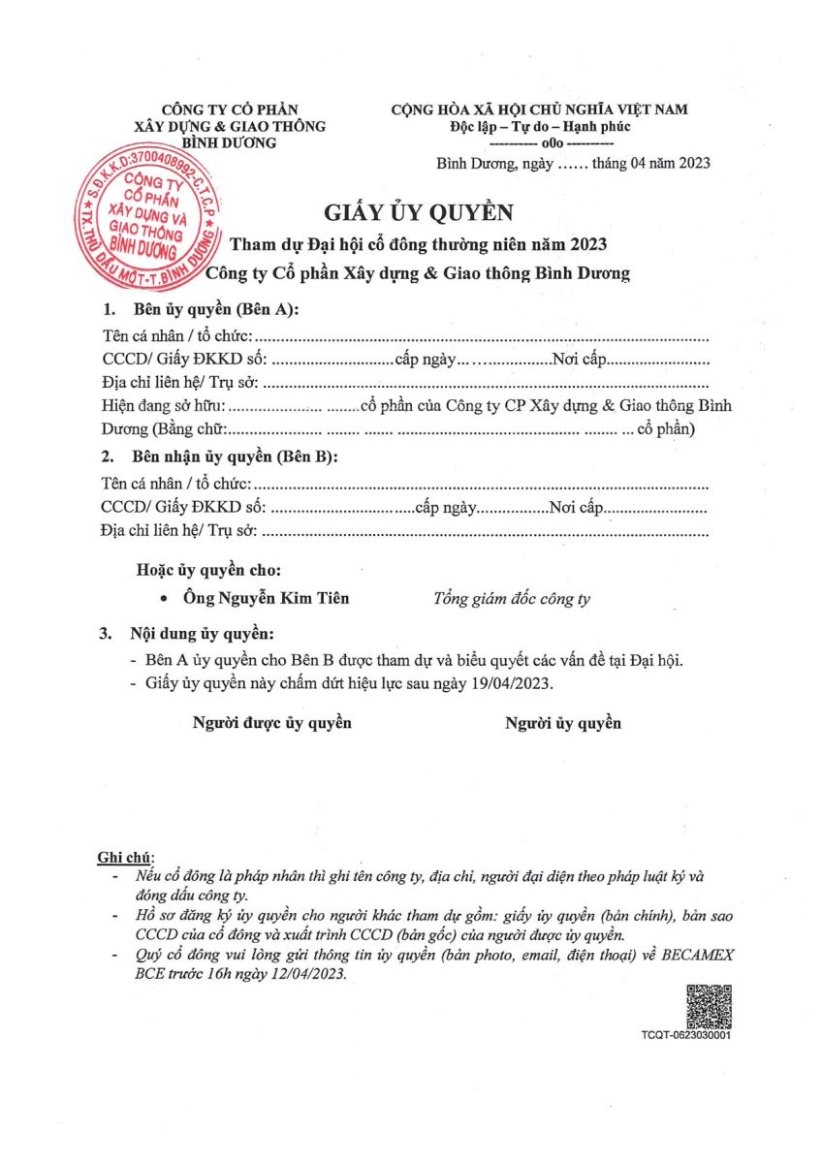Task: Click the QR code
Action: click(709, 1006)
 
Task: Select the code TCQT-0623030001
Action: click(685, 1036)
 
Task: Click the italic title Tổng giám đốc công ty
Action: click(511, 599)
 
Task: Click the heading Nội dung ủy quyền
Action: click(203, 635)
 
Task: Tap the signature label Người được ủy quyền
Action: click(272, 723)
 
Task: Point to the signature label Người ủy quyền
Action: click(563, 723)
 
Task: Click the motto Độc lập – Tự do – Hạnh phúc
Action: click(540, 127)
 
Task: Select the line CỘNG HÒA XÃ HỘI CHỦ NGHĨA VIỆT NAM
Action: click(540, 110)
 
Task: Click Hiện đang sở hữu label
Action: click(163, 406)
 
